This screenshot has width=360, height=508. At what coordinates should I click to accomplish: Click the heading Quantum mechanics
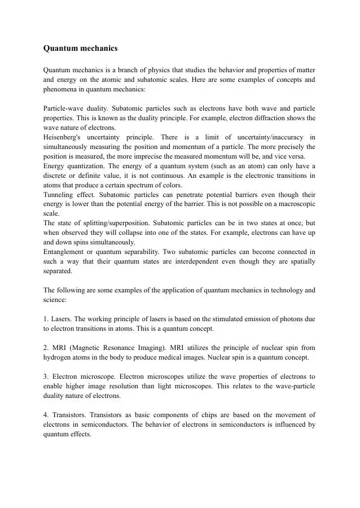80,49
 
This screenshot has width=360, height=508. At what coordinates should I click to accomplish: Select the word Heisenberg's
62,137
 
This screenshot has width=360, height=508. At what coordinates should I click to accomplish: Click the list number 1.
46,319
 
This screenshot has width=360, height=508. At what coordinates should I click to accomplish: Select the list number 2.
46,348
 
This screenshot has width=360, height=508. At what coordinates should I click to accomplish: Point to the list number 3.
46,376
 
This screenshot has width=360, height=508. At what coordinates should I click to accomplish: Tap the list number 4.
46,415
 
